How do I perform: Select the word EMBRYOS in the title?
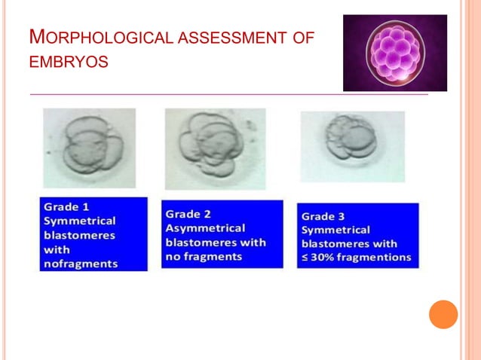pyautogui.click(x=69, y=60)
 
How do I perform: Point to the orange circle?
pyautogui.click(x=443, y=314)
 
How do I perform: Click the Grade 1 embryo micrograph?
pyautogui.click(x=90, y=148)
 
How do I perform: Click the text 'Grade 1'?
pyautogui.click(x=68, y=206)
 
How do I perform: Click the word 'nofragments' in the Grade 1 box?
pyautogui.click(x=80, y=264)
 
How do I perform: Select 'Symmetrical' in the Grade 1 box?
pyautogui.click(x=79, y=221)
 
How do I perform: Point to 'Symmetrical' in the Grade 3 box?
pyautogui.click(x=335, y=230)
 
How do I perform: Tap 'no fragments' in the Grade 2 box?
pyautogui.click(x=204, y=256)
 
